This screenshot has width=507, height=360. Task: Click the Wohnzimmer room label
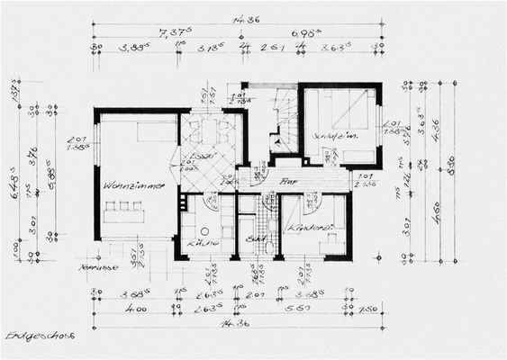pyautogui.click(x=132, y=186)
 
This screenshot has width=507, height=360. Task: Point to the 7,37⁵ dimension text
pyautogui.click(x=169, y=32)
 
